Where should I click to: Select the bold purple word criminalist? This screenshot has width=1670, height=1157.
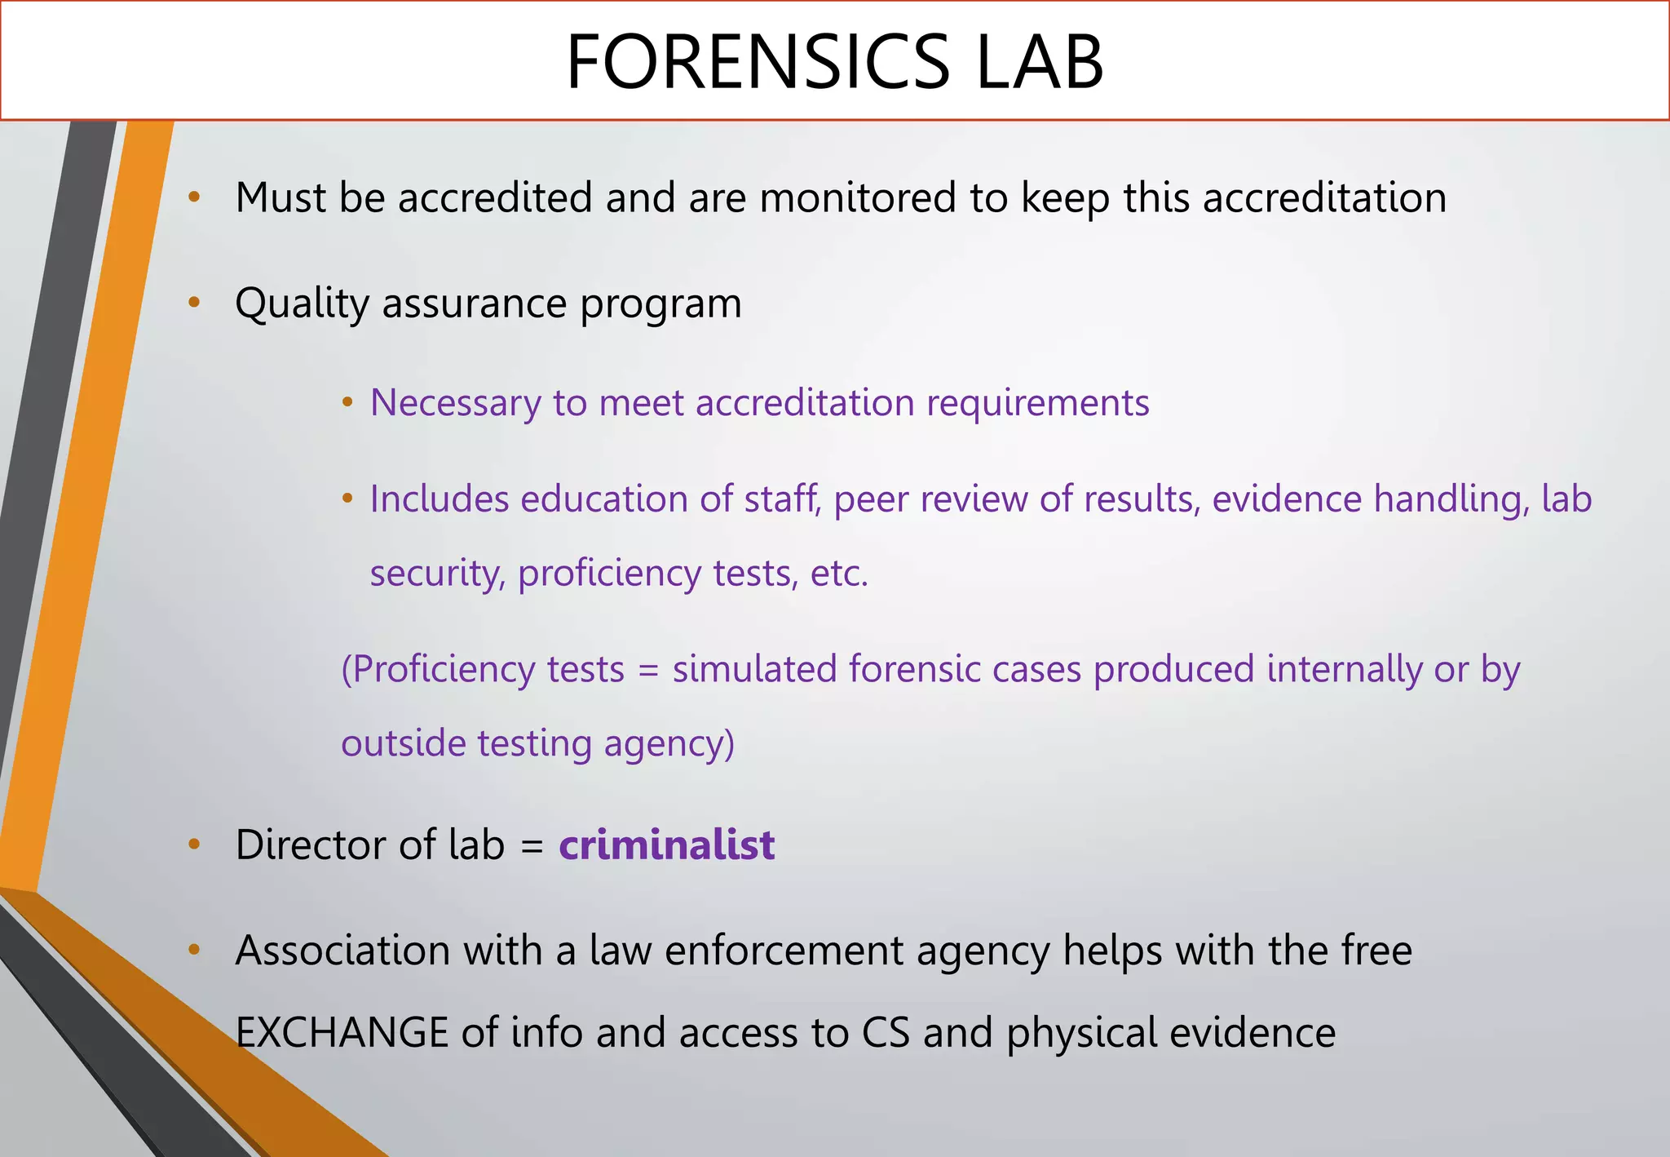click(x=666, y=844)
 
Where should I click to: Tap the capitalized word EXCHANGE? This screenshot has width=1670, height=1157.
click(x=342, y=1032)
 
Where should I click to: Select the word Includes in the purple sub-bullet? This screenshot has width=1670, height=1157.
click(x=440, y=499)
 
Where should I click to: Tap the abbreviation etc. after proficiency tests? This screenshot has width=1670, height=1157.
click(x=839, y=574)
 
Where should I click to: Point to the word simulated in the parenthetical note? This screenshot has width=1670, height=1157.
click(x=754, y=670)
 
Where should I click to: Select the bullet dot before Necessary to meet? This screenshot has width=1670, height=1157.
click(x=347, y=402)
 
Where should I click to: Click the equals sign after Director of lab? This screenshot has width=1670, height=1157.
click(x=532, y=846)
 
